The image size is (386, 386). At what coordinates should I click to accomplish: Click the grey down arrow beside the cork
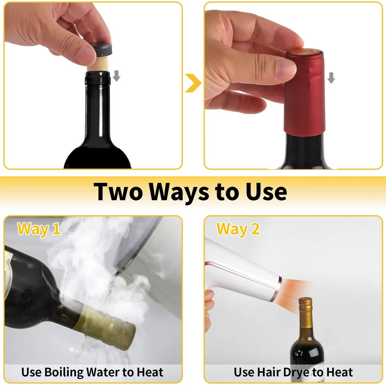pyautogui.click(x=116, y=75)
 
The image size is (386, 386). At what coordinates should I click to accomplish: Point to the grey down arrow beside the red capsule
pyautogui.click(x=331, y=78)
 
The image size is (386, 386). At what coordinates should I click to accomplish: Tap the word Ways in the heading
pyautogui.click(x=179, y=191)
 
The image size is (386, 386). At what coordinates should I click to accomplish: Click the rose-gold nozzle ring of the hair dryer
pyautogui.click(x=276, y=288)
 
